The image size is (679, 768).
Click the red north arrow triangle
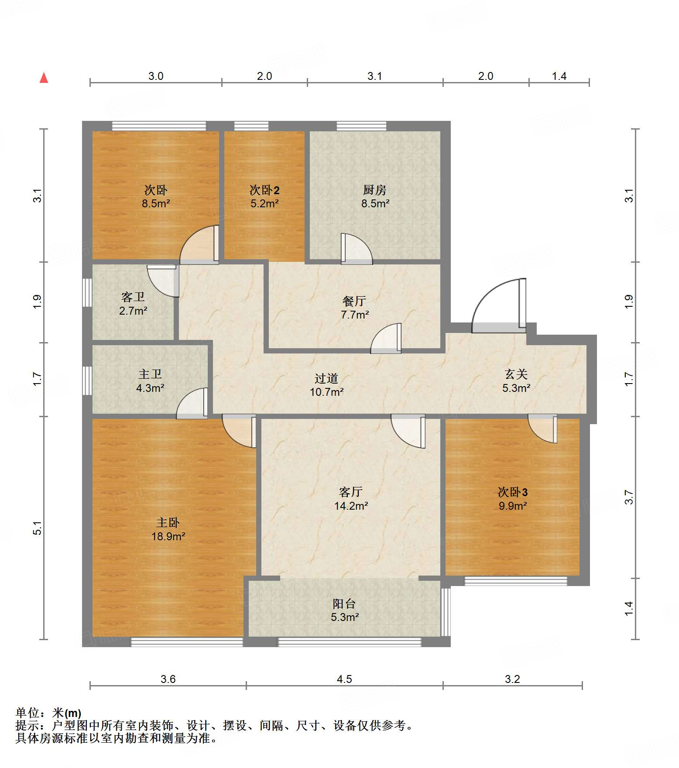click(44, 78)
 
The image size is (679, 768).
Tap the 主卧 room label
click(168, 522)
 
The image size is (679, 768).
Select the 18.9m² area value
click(168, 536)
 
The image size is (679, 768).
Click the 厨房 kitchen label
click(375, 190)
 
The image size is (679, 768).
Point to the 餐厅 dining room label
click(354, 301)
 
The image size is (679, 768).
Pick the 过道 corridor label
click(326, 378)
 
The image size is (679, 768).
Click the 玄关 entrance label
click(516, 374)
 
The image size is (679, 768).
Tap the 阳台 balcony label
click(344, 603)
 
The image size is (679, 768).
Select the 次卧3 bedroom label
click(513, 492)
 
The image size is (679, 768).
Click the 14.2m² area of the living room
click(351, 506)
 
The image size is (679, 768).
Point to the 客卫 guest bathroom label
click(133, 297)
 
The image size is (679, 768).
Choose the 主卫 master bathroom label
click(150, 374)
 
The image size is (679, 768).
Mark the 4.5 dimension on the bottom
click(344, 679)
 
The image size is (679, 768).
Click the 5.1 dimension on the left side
click(38, 528)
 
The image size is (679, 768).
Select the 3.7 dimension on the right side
click(629, 497)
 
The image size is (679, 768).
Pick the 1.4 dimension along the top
click(559, 76)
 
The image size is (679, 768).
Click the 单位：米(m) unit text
click(48, 713)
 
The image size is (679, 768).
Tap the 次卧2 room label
click(264, 190)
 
